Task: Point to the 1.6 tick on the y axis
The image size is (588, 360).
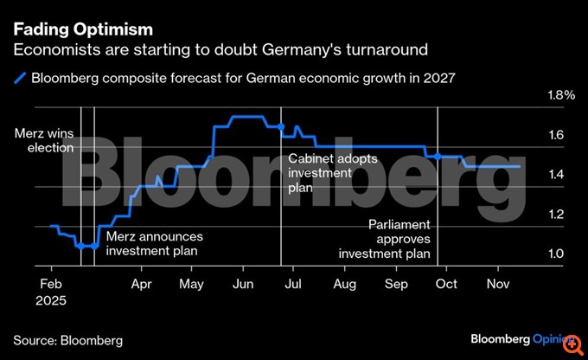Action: [x=556, y=135]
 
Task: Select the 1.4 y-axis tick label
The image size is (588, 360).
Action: [x=556, y=175]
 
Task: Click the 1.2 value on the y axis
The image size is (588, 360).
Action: [x=556, y=215]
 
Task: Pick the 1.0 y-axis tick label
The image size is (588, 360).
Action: [x=556, y=254]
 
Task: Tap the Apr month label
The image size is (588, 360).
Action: [x=141, y=283]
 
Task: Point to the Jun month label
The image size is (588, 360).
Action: [x=243, y=283]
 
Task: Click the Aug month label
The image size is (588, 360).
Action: [x=344, y=283]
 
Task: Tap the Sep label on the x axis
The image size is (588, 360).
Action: [x=396, y=283]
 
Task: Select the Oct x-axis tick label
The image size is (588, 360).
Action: [x=447, y=283]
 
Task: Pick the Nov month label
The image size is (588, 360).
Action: [x=498, y=283]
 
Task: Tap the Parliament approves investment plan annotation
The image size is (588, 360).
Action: [x=384, y=239]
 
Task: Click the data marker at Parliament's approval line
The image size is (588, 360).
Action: [x=438, y=157]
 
